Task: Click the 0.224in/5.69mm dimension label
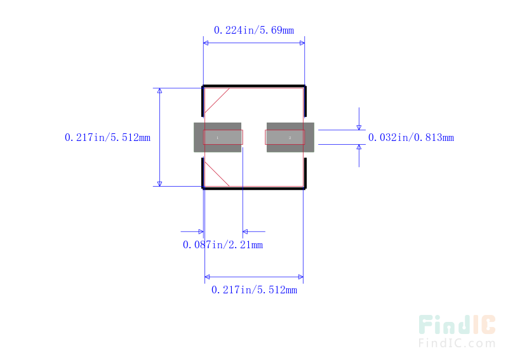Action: pos(254,30)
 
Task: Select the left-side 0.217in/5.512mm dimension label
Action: pos(107,137)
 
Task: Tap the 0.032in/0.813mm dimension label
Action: pos(411,137)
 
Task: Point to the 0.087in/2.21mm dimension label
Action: pos(223,244)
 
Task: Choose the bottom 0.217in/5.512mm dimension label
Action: pos(254,290)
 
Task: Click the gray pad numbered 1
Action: pos(217,137)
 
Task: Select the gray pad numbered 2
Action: pos(290,137)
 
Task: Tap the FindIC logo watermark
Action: pos(457,324)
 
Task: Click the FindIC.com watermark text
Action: pos(457,343)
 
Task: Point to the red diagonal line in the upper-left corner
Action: pos(217,100)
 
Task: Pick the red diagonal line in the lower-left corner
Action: pos(217,174)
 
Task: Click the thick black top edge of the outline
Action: pos(254,86)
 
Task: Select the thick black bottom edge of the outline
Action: pos(254,189)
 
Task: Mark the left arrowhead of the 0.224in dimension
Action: pos(206,43)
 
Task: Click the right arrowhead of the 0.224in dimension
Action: pos(302,43)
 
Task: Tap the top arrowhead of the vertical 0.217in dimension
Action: pos(160,91)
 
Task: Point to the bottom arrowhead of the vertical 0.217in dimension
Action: pos(160,184)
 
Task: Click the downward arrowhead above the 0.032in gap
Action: pos(359,128)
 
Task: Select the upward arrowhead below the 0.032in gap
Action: pos(359,147)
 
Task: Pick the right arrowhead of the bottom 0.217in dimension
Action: pos(301,277)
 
